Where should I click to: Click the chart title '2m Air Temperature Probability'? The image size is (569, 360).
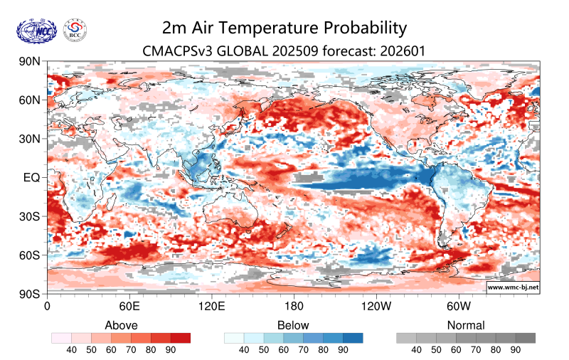pyautogui.click(x=284, y=28)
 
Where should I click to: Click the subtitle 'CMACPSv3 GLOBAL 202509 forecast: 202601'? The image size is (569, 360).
pyautogui.click(x=284, y=51)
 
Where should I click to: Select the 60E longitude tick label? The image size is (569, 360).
pyautogui.click(x=129, y=307)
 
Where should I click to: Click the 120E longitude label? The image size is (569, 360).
pyautogui.click(x=211, y=307)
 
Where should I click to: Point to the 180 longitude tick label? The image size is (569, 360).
pyautogui.click(x=294, y=307)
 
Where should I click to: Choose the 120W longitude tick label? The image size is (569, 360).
pyautogui.click(x=376, y=307)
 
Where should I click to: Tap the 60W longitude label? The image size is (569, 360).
pyautogui.click(x=459, y=307)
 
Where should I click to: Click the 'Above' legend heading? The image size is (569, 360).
pyautogui.click(x=121, y=325)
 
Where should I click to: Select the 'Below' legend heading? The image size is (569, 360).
pyautogui.click(x=294, y=325)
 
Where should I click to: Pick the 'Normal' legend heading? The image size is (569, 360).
pyautogui.click(x=466, y=325)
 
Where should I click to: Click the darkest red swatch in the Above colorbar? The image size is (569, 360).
pyautogui.click(x=181, y=338)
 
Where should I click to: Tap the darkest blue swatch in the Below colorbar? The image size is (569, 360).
pyautogui.click(x=353, y=338)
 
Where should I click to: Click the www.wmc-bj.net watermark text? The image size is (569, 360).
pyautogui.click(x=512, y=287)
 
